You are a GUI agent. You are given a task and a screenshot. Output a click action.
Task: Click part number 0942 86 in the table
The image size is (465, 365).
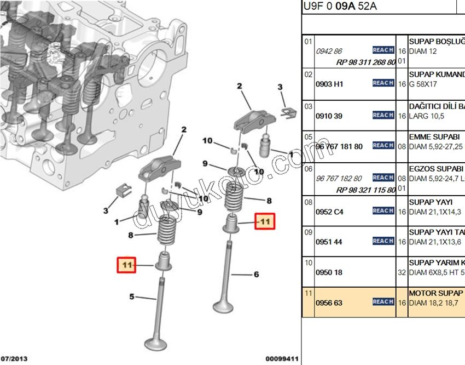[x=329, y=51]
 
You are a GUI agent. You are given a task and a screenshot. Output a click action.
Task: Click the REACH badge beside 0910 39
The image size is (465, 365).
[x=383, y=115]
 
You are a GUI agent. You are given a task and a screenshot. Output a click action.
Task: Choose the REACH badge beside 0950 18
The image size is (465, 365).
[x=383, y=272]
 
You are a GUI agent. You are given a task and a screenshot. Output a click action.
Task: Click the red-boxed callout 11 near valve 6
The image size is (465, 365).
[x=265, y=221]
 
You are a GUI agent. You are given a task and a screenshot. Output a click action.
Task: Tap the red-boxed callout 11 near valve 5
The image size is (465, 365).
[x=127, y=265]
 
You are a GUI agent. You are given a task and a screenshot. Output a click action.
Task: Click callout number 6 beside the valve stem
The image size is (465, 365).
[x=256, y=274]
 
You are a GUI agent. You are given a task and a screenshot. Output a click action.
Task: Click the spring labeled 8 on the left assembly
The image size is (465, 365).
[x=166, y=230]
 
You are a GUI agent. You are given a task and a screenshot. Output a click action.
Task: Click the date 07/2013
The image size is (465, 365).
[x=14, y=359]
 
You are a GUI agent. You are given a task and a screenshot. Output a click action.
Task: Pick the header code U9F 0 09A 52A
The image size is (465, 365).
[x=339, y=7]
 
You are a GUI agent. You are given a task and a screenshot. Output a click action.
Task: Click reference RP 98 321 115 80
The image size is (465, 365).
[x=366, y=190]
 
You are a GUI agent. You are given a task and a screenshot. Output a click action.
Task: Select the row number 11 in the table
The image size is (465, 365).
[x=309, y=294]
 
